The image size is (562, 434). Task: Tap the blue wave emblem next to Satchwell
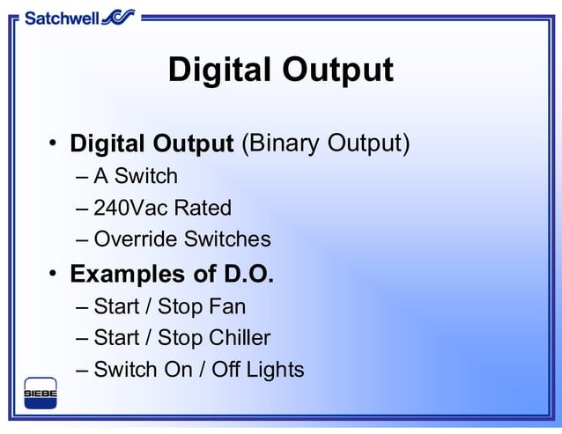[119, 16]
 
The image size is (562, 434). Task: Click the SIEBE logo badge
[40, 393]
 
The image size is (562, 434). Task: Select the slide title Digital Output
[280, 70]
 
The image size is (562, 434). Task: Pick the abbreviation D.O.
[244, 274]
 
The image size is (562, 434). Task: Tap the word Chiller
[240, 338]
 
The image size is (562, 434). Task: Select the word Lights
[272, 370]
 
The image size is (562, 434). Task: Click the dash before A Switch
[83, 177]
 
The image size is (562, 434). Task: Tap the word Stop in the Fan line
[181, 307]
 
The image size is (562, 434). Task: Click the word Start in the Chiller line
[117, 338]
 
